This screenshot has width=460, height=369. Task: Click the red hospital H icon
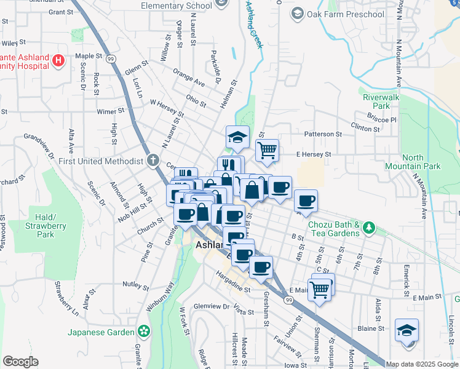(58, 60)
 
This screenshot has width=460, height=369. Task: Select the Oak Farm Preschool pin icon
(297, 14)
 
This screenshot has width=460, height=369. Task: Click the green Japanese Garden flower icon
(144, 332)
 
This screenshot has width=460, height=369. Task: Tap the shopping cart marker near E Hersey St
(267, 149)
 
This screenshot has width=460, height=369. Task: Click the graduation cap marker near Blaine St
(406, 330)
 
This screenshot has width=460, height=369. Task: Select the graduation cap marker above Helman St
(237, 138)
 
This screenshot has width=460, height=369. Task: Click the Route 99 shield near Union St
(288, 300)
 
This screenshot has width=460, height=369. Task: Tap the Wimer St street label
(111, 111)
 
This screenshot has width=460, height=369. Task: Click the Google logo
(20, 361)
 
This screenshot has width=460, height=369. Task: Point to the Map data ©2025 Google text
(421, 363)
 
